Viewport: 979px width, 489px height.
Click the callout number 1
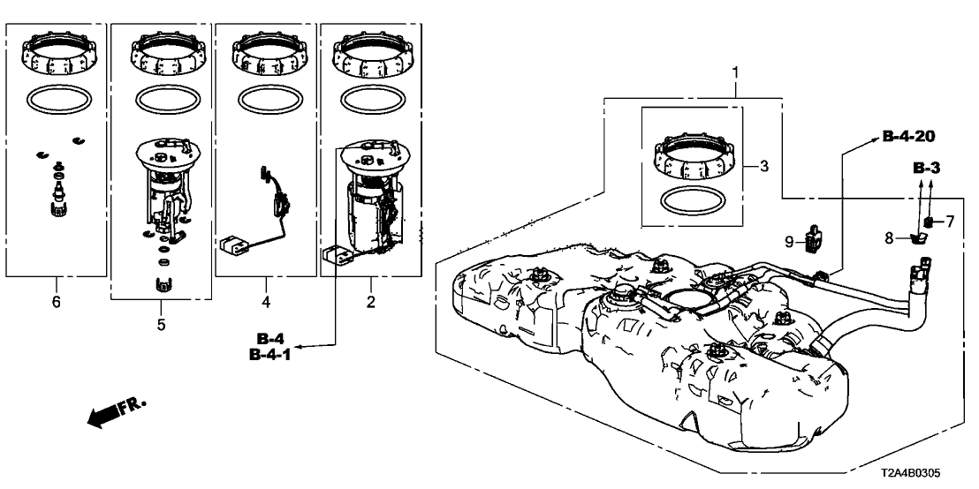pyautogui.click(x=735, y=73)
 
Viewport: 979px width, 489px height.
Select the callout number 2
pyautogui.click(x=371, y=303)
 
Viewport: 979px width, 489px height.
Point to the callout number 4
pyautogui.click(x=267, y=303)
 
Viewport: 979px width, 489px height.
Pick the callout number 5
pyautogui.click(x=161, y=325)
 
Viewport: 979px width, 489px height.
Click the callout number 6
pyautogui.click(x=57, y=303)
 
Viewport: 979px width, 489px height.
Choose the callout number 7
pyautogui.click(x=950, y=221)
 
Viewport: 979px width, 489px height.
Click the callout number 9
pyautogui.click(x=789, y=241)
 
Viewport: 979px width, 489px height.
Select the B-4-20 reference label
pyautogui.click(x=908, y=137)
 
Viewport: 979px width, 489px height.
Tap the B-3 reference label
pyautogui.click(x=927, y=168)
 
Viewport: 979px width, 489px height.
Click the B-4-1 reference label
pyautogui.click(x=269, y=355)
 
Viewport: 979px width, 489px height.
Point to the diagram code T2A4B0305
pyautogui.click(x=912, y=474)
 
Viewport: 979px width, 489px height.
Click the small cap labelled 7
pyautogui.click(x=929, y=222)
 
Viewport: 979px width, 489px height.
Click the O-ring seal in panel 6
pyautogui.click(x=59, y=100)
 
